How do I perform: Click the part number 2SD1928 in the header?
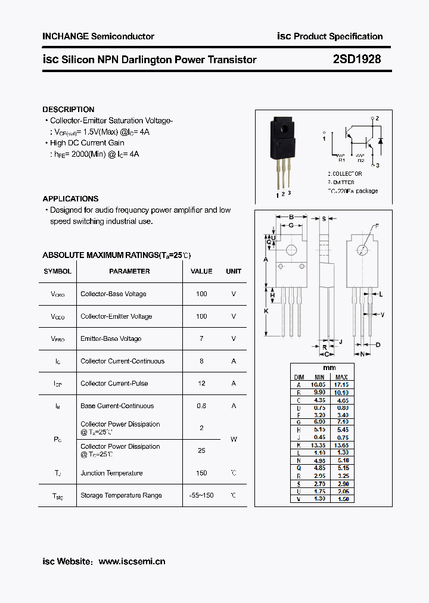pos(357,59)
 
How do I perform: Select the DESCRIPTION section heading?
pos(68,110)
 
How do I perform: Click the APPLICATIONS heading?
pos(70,199)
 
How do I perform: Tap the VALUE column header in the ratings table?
pos(201,271)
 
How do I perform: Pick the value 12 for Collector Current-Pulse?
pos(201,383)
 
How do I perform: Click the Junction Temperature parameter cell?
pos(111,473)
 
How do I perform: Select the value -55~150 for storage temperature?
pos(201,495)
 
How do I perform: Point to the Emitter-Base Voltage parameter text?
pos(111,338)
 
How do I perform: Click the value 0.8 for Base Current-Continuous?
pos(201,406)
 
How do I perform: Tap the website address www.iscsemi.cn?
pos(132,561)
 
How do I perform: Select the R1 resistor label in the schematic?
pos(341,160)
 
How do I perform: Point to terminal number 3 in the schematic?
pos(377,165)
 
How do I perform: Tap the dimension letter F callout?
pos(376,226)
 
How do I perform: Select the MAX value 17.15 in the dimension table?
pos(341,385)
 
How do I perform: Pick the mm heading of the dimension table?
pos(329,368)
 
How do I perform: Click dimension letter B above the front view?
pos(291,217)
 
